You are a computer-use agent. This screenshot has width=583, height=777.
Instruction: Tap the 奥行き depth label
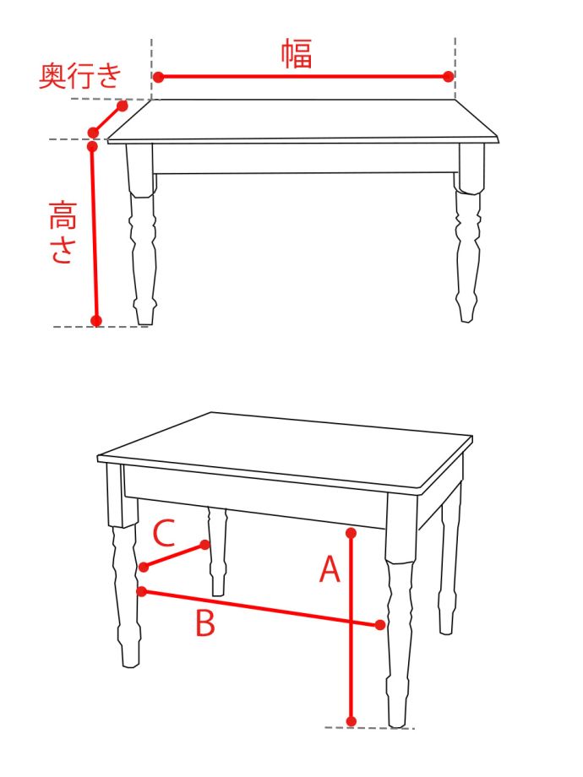[x=79, y=75]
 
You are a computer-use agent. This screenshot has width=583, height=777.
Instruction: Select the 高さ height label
[x=63, y=232]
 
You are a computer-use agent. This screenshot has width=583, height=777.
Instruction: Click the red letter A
[x=330, y=568]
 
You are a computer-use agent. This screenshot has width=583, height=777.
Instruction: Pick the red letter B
[x=205, y=623]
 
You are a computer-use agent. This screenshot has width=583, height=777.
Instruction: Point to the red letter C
[x=164, y=533]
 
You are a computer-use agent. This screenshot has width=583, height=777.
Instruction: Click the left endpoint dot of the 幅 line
[x=158, y=77]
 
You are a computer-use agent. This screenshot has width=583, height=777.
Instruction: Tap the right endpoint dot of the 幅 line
[x=448, y=76]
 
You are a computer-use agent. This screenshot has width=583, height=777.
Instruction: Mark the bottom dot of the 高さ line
[x=96, y=321]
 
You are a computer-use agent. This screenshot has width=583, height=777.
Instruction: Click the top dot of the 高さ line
[x=92, y=146]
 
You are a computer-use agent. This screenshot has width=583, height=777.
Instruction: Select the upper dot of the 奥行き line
[x=123, y=106]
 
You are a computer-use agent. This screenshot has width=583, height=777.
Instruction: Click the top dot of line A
[x=351, y=533]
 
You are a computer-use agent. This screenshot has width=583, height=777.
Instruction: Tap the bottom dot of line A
[x=351, y=721]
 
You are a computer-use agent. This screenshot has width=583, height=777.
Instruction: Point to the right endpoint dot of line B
[x=380, y=625]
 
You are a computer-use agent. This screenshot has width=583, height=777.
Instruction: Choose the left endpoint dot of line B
[x=142, y=591]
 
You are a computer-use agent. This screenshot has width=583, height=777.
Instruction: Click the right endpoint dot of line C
[x=204, y=545]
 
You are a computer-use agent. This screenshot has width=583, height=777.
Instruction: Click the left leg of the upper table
[x=142, y=233]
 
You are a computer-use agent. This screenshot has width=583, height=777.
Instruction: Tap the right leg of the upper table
[x=468, y=232]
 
